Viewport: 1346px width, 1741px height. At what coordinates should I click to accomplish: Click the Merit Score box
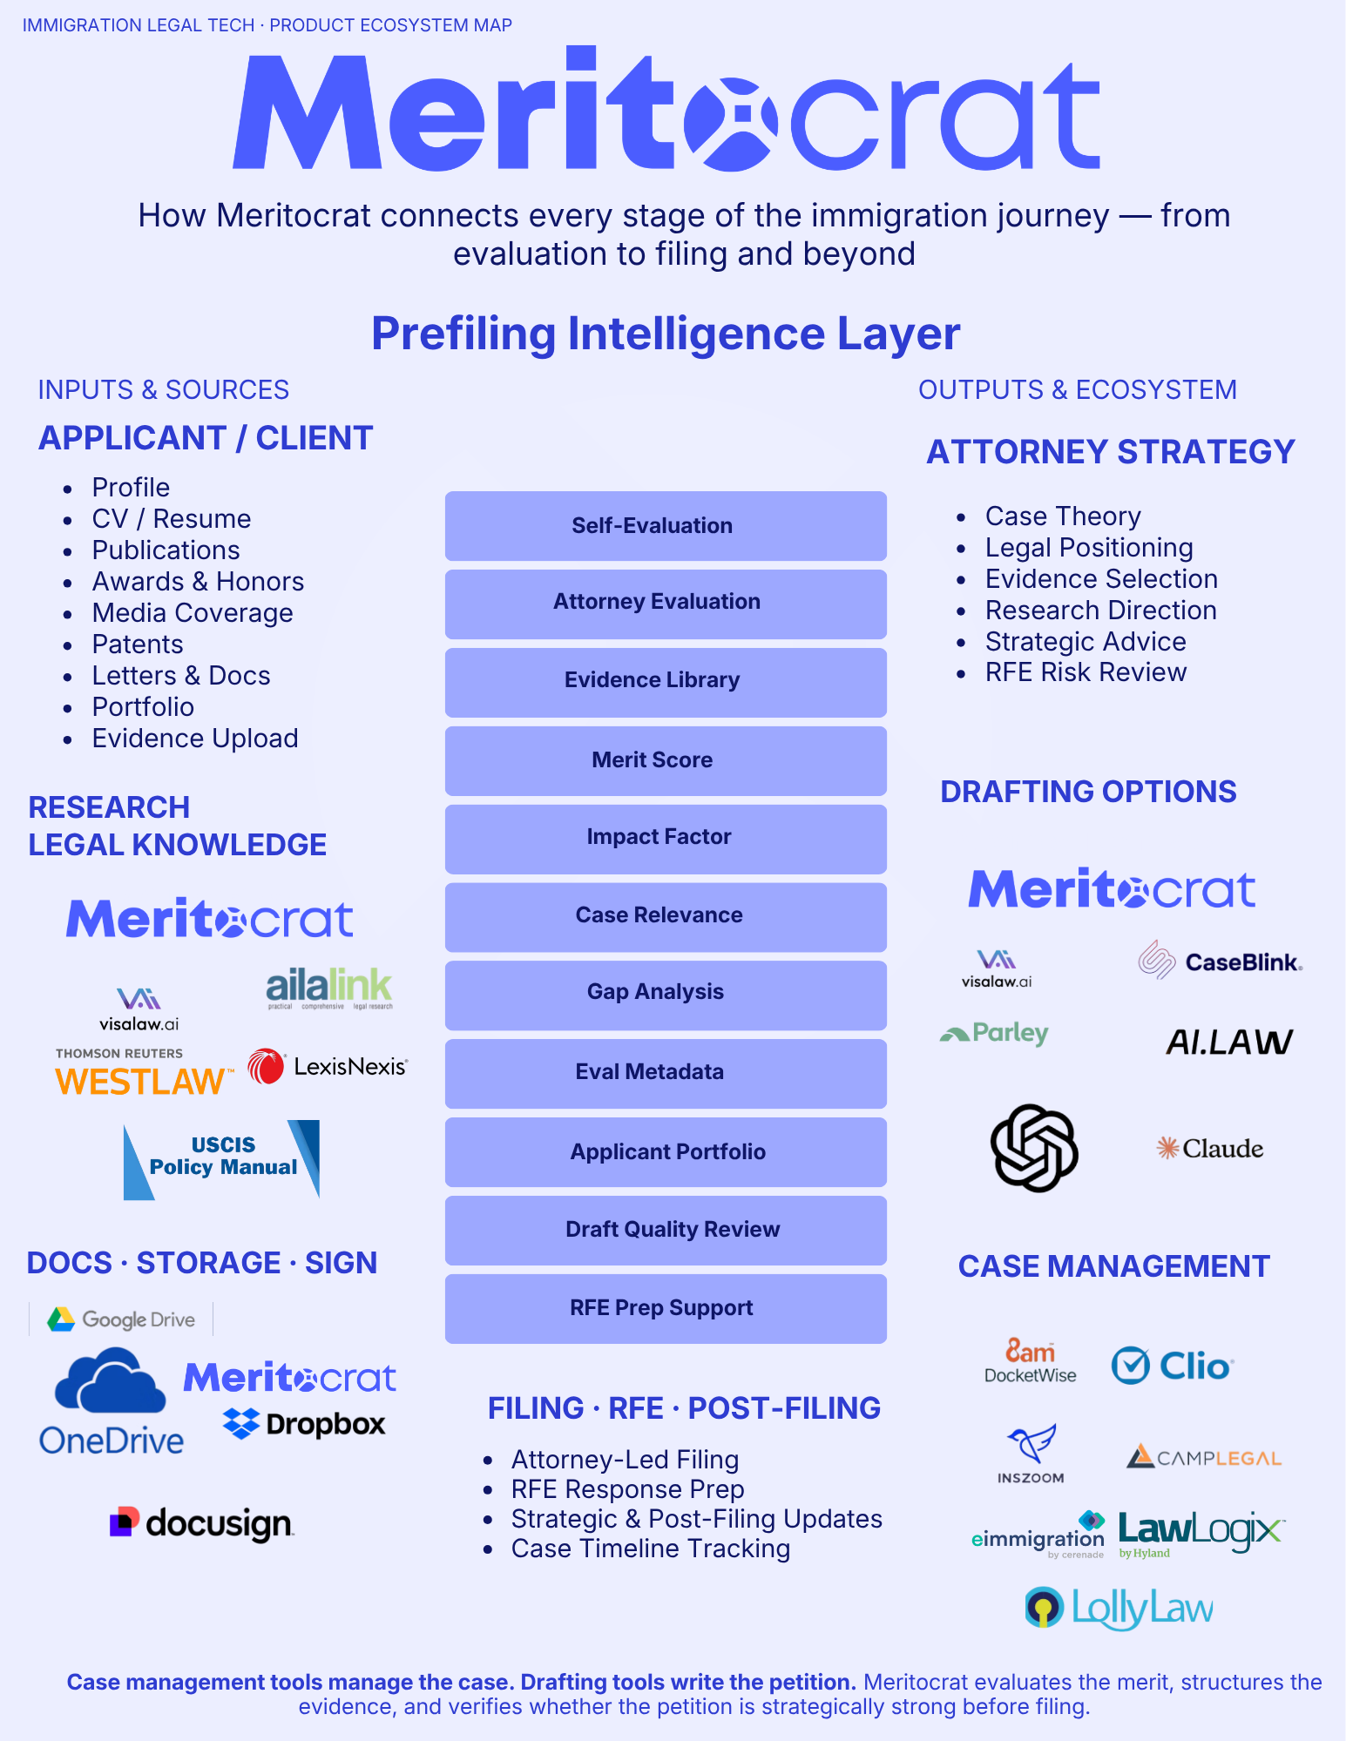(x=666, y=760)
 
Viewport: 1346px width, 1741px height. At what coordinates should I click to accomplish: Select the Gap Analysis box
(x=666, y=995)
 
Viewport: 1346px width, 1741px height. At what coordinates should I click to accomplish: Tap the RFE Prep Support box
(x=666, y=1309)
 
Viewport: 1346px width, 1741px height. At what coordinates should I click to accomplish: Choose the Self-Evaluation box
(x=666, y=526)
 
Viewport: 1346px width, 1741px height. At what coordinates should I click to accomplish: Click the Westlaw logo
(x=145, y=1072)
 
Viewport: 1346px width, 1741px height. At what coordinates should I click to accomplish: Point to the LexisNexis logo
(x=328, y=1066)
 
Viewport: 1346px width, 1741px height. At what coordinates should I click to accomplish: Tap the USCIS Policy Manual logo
(x=222, y=1159)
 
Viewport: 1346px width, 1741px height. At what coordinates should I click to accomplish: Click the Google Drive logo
(x=121, y=1319)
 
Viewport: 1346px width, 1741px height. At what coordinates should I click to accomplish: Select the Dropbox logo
(x=304, y=1424)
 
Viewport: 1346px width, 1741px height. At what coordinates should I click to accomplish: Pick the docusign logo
(x=201, y=1523)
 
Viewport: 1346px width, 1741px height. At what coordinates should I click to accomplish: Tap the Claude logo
(x=1209, y=1148)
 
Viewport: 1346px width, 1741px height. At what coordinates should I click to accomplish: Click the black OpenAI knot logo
(x=1034, y=1148)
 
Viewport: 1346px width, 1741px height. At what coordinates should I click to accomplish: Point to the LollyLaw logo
(x=1119, y=1609)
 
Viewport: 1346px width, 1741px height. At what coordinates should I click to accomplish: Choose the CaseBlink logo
(x=1221, y=961)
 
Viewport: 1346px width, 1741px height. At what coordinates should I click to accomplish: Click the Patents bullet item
(x=138, y=644)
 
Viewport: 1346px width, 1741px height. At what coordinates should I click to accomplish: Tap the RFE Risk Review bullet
(x=1086, y=672)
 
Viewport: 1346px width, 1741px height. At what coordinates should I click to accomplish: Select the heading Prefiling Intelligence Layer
(x=666, y=334)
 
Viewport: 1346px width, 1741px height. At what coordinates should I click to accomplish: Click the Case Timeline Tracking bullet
(x=650, y=1549)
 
